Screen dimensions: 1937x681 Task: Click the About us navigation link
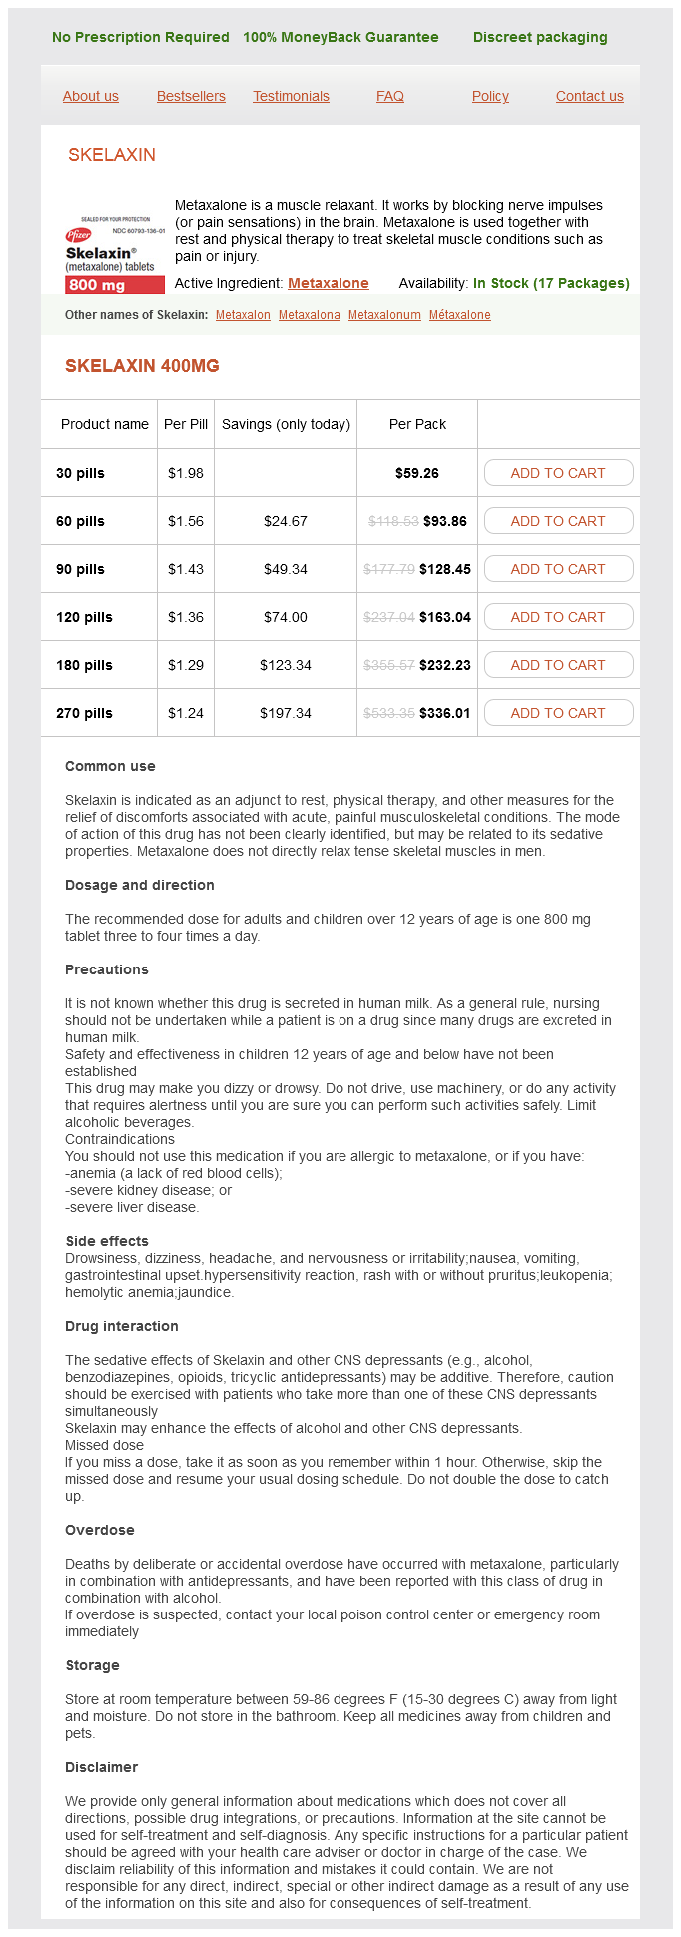click(90, 96)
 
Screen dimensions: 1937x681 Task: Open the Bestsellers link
click(191, 96)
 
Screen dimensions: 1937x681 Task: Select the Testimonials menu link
click(291, 96)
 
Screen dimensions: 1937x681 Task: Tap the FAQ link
click(390, 96)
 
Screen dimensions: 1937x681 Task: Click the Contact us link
click(589, 96)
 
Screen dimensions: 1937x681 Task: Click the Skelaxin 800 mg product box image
click(115, 254)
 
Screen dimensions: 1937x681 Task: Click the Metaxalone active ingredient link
click(329, 283)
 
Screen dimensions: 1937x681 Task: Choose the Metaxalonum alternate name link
click(384, 315)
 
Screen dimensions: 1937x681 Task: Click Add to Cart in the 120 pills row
click(558, 617)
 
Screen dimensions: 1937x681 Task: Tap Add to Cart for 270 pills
click(558, 713)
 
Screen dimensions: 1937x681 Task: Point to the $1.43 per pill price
click(186, 569)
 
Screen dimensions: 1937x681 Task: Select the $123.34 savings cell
click(286, 665)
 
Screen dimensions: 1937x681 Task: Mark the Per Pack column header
click(417, 424)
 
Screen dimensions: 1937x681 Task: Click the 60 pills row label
click(80, 521)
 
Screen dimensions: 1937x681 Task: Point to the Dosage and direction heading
click(140, 885)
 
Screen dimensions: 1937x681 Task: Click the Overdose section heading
click(100, 1530)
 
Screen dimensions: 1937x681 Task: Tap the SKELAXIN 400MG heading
click(142, 366)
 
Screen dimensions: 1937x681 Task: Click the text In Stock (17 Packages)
click(551, 283)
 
